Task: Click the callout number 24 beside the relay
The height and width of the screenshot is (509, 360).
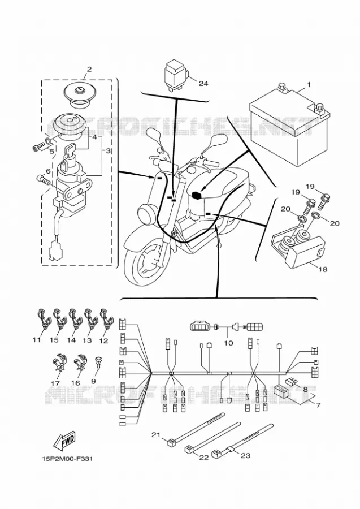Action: pos(203,84)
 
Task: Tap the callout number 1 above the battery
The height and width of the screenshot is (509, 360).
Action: pos(309,85)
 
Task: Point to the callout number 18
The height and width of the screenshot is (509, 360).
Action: pos(323,269)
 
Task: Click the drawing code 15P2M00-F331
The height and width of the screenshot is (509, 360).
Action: pos(67,459)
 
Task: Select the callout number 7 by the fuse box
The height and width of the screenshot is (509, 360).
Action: pos(318,405)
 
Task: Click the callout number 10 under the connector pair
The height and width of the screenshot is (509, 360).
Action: pos(228,343)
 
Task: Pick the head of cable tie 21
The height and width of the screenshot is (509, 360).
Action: pos(171,442)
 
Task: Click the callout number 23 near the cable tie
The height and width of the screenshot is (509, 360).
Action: pos(245,456)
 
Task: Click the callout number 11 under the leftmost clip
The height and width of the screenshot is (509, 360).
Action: pos(37,340)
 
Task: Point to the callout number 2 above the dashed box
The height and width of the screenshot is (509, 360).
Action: pos(89,69)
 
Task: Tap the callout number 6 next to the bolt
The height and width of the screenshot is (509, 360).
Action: pos(48,171)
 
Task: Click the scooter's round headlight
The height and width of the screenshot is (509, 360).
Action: pos(145,214)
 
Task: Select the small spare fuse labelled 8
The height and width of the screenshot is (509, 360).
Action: pos(290,381)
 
